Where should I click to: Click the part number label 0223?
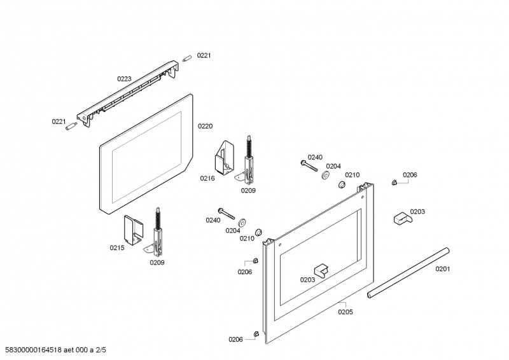[x=124, y=79]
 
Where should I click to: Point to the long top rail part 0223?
[x=127, y=89]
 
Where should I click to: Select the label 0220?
[x=205, y=126]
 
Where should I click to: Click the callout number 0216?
[x=207, y=179]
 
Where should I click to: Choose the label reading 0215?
[x=117, y=248]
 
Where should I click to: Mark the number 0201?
[x=443, y=268]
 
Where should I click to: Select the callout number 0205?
[x=345, y=312]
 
